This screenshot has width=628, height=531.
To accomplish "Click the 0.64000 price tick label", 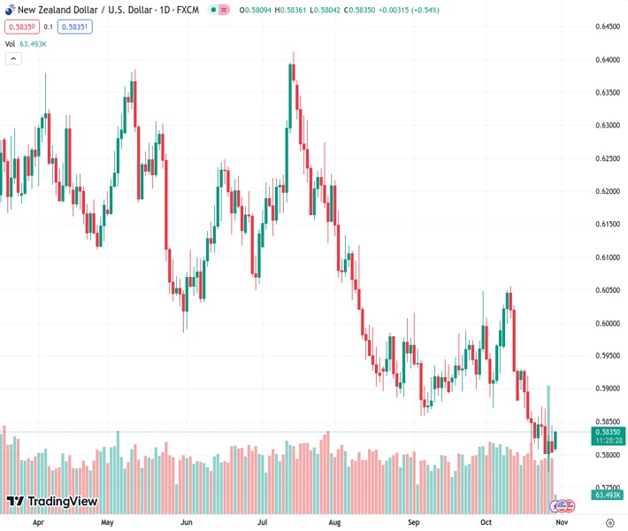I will tap(606, 59).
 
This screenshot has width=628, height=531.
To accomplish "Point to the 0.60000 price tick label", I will tap(606, 323).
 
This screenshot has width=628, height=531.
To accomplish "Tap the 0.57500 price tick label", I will tap(606, 487).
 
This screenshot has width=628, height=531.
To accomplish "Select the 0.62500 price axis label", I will tap(606, 158).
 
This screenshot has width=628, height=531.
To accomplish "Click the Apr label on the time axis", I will tap(38, 522).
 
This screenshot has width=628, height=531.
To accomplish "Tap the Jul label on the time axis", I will tap(262, 522).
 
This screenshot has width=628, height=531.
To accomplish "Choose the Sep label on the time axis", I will tap(416, 522).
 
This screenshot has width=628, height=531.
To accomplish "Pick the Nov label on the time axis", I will tap(561, 522).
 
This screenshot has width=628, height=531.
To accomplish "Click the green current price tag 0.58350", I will tap(609, 432).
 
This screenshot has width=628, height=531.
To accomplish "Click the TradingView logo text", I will tap(62, 502).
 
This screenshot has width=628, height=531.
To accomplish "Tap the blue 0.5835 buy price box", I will tap(76, 27).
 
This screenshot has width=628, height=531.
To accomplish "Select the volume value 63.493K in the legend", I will tap(34, 42).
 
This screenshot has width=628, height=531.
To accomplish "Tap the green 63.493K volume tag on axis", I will tap(609, 496).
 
